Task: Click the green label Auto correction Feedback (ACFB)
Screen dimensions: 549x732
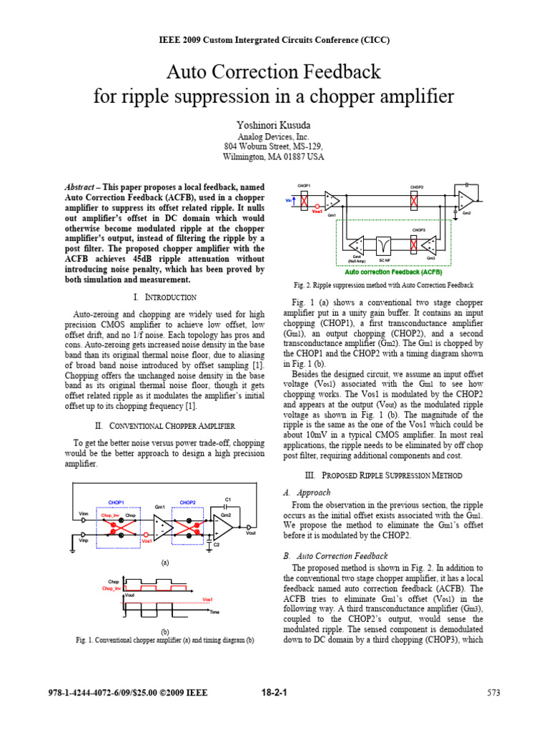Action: [x=383, y=272]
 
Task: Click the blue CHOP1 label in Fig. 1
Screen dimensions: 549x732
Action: [x=117, y=503]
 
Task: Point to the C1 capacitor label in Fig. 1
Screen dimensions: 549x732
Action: [x=228, y=498]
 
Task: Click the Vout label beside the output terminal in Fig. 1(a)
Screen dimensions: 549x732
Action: [x=251, y=533]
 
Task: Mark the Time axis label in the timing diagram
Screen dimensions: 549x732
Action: [x=215, y=613]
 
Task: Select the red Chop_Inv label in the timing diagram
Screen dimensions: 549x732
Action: [x=111, y=588]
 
